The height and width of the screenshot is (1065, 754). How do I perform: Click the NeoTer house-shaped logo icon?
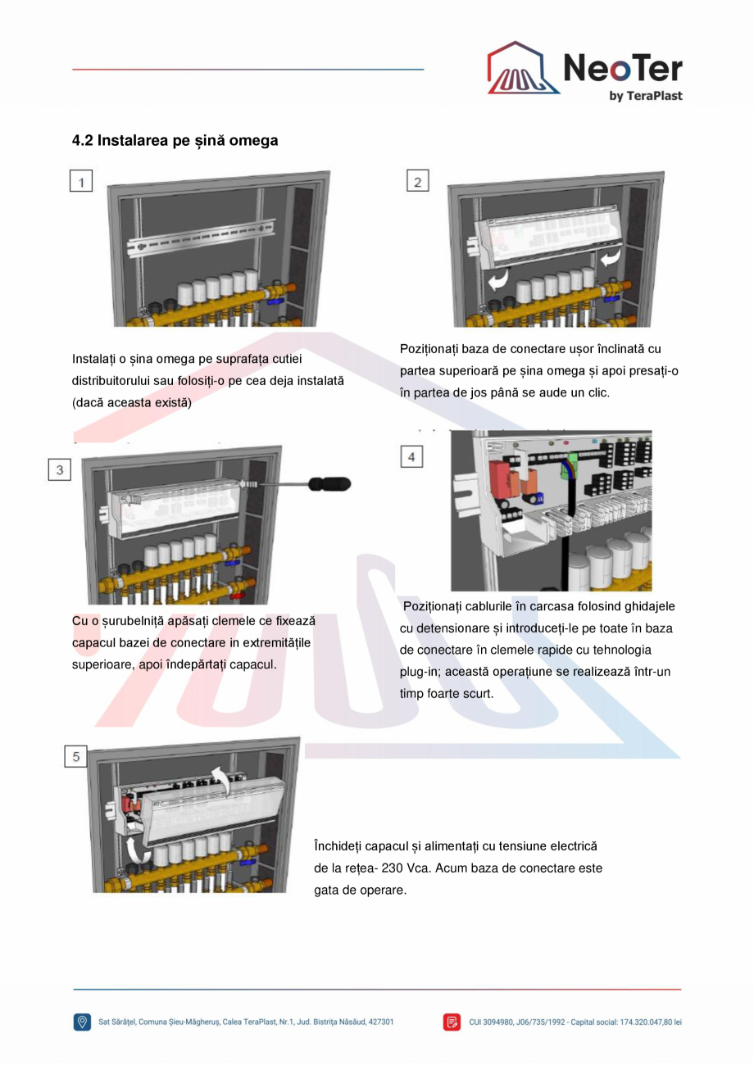click(523, 69)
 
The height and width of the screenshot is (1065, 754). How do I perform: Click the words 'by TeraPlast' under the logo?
click(645, 96)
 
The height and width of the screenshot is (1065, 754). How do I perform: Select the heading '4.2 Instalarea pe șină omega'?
click(175, 141)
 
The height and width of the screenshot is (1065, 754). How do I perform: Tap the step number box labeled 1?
click(80, 182)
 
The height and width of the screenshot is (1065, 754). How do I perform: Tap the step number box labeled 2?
click(418, 182)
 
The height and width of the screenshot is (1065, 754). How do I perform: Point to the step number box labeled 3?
click(59, 470)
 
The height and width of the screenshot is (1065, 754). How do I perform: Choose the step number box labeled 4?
click(411, 456)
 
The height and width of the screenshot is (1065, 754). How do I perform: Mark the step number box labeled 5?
click(76, 757)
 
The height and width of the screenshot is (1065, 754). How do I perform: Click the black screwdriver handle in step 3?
click(329, 485)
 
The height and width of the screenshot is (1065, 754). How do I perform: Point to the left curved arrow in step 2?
click(496, 281)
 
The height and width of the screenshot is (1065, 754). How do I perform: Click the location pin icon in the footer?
click(82, 1022)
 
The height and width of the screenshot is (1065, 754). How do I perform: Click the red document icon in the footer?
click(452, 1022)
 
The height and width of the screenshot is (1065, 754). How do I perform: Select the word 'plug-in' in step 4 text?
click(420, 671)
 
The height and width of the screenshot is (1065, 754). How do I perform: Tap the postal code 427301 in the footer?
click(379, 1022)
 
